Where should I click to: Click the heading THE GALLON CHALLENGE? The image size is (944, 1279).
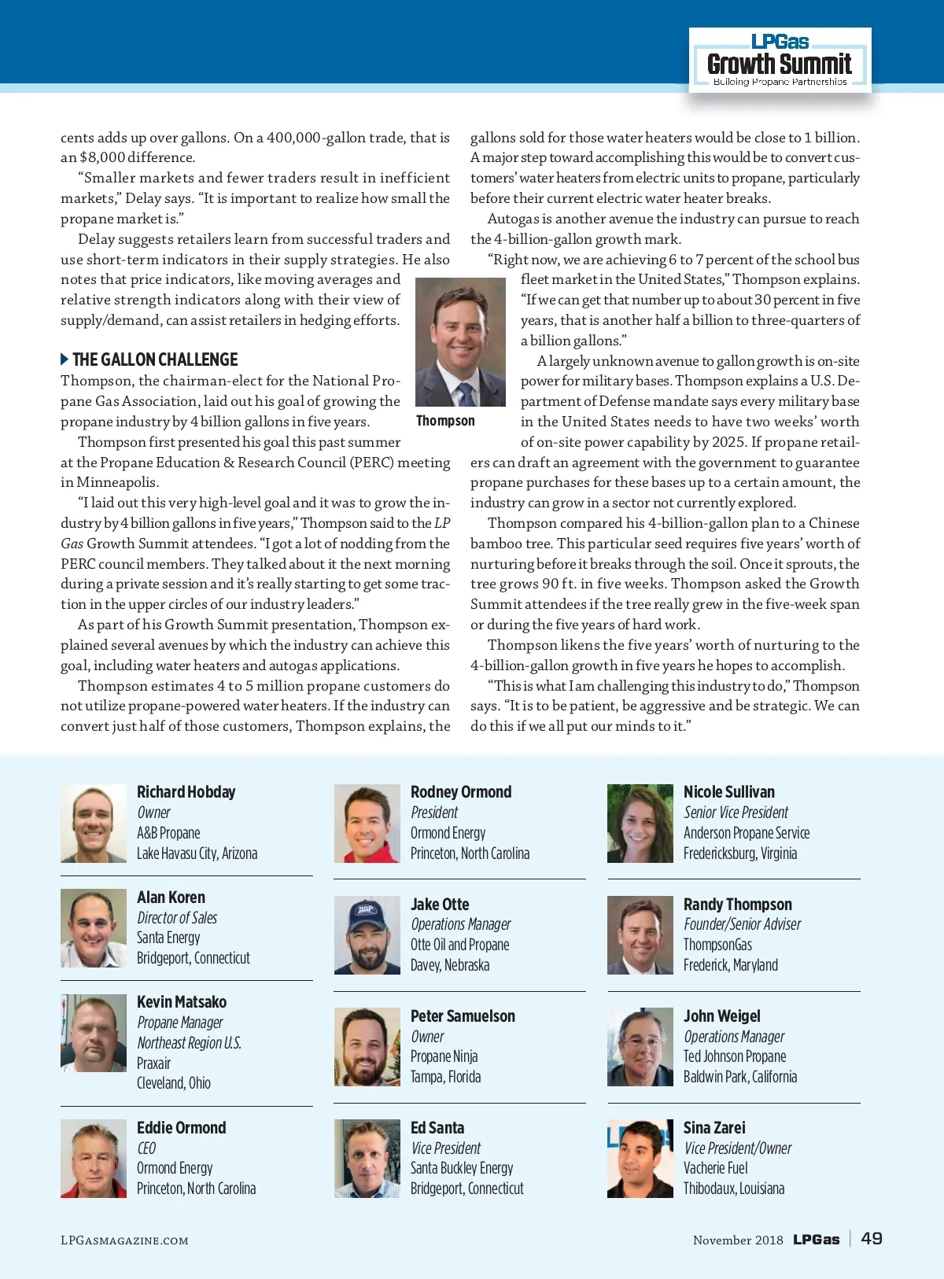click(155, 359)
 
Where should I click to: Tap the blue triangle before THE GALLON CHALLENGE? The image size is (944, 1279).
click(65, 359)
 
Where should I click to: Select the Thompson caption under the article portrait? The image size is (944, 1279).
click(445, 421)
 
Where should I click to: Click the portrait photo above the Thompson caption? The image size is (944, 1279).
click(460, 342)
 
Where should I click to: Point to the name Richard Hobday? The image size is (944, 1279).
click(186, 792)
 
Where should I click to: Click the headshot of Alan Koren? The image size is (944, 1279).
click(94, 928)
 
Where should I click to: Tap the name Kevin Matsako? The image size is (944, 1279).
click(182, 1002)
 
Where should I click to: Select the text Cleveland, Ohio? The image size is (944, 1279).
click(174, 1083)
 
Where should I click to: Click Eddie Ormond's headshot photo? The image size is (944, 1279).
click(94, 1159)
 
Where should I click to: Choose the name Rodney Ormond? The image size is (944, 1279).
click(461, 792)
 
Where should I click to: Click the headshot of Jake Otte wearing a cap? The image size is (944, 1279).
click(367, 935)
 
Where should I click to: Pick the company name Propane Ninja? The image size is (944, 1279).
click(444, 1056)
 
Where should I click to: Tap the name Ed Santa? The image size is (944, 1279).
click(437, 1128)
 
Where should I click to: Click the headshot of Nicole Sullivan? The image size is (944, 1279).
click(640, 824)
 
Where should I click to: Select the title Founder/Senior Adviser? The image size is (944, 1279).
click(742, 924)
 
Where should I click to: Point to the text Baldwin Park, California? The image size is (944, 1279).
click(740, 1077)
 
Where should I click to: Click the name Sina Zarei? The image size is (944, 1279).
click(714, 1128)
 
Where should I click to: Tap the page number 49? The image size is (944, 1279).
click(872, 1239)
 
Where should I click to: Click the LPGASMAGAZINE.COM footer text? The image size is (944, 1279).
click(124, 1240)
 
